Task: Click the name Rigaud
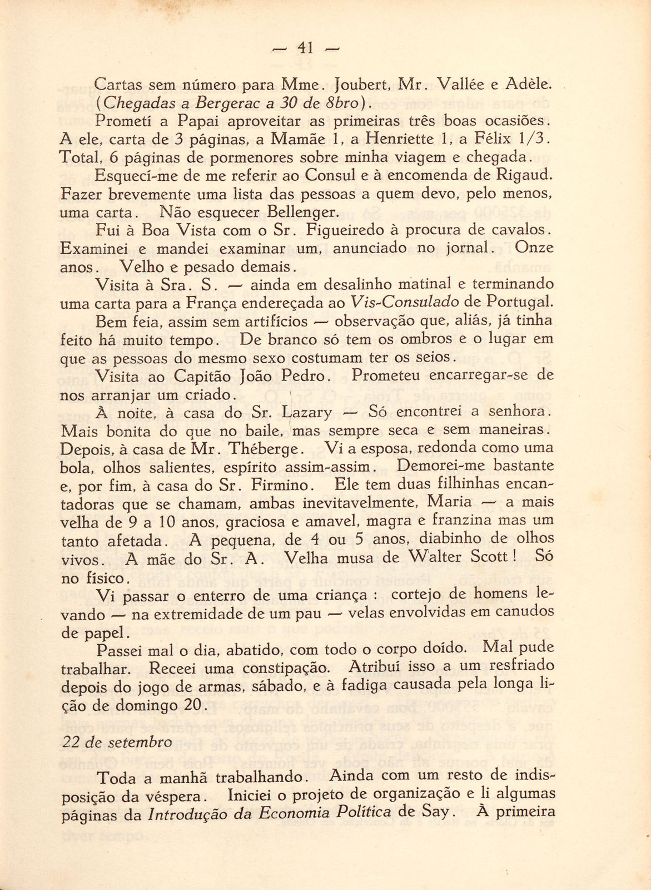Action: click(x=524, y=176)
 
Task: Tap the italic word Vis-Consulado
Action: click(x=412, y=303)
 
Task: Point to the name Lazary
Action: click(x=307, y=413)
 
